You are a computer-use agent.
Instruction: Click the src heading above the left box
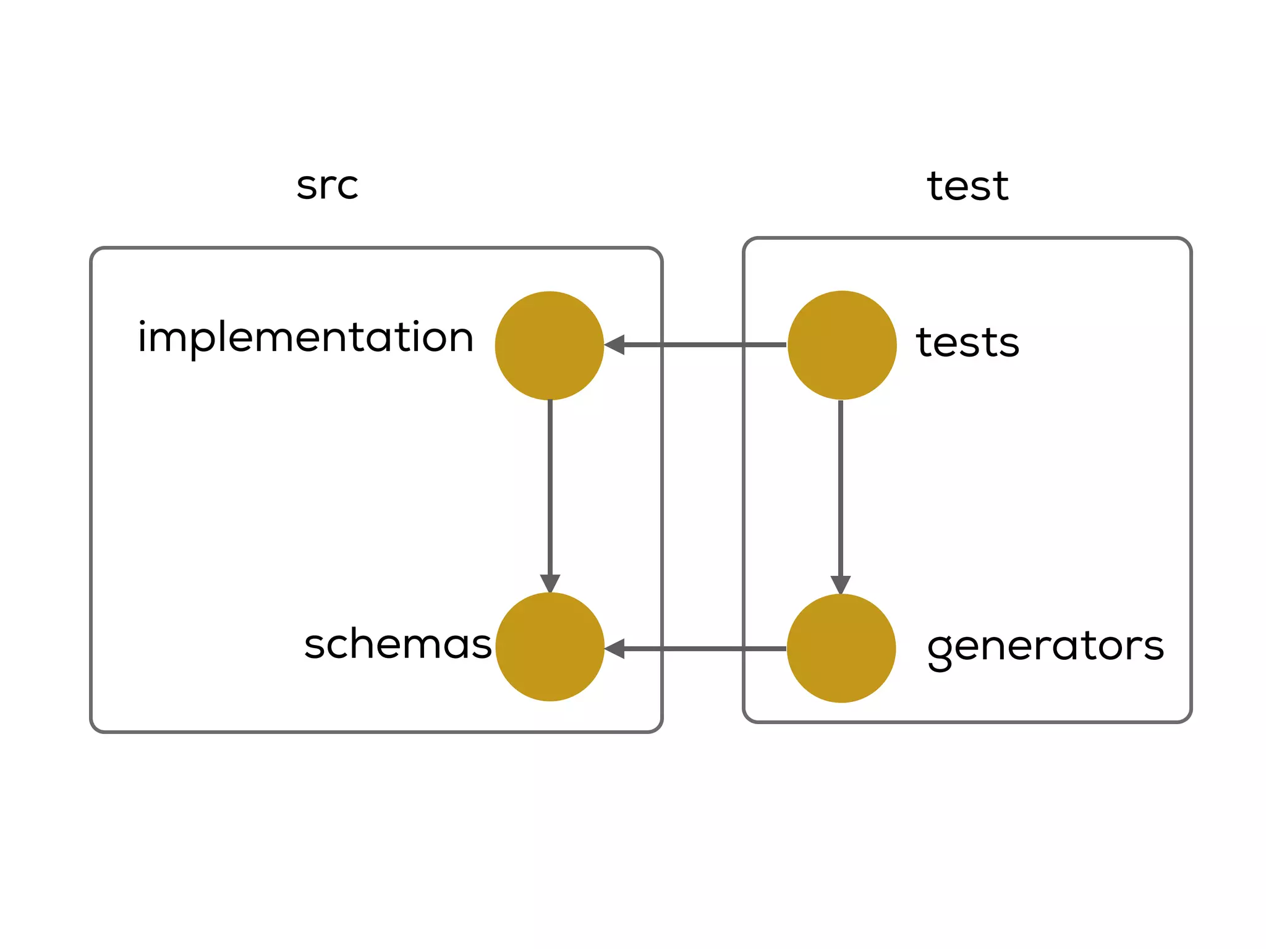(x=327, y=185)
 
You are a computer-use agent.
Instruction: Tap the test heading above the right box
(x=967, y=186)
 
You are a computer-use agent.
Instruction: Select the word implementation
(x=305, y=337)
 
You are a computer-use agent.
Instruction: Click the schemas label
(x=397, y=644)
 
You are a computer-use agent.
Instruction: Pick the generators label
(x=1045, y=647)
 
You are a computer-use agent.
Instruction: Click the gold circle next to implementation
(x=549, y=345)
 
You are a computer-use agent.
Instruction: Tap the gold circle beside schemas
(x=550, y=647)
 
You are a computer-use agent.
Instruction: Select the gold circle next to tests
(x=842, y=345)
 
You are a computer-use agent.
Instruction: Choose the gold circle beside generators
(x=841, y=648)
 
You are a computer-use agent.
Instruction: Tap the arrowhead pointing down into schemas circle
(x=550, y=583)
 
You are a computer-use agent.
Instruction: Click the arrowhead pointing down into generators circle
(x=841, y=584)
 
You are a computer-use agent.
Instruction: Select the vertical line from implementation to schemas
(x=550, y=488)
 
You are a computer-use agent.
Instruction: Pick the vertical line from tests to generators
(x=841, y=488)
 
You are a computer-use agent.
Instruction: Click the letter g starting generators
(x=940, y=650)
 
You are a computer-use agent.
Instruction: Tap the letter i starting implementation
(x=142, y=337)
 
